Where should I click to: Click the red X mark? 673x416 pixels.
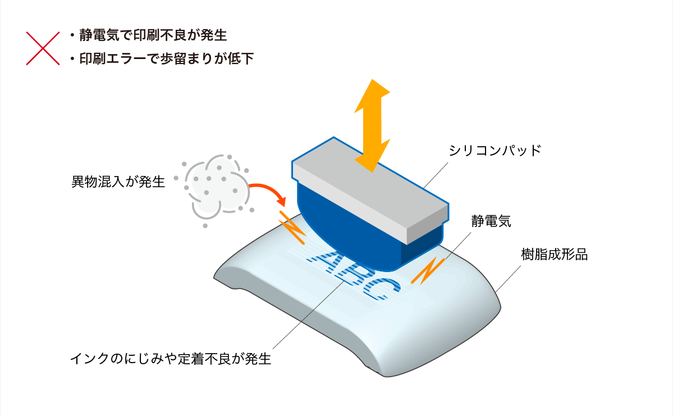pos(43,48)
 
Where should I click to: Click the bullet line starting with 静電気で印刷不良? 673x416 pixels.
pos(149,35)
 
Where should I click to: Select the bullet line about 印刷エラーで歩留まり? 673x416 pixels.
pos(162,58)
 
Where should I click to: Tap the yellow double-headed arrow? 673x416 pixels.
pos(372,125)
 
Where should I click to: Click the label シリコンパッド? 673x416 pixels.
pos(495,151)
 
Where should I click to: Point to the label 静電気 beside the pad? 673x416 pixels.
pos(491,221)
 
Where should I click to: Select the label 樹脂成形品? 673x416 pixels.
pos(554,255)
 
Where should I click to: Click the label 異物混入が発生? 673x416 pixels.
pos(118,182)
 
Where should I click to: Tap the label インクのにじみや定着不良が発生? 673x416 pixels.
pos(171,359)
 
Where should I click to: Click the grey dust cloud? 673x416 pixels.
pos(214,189)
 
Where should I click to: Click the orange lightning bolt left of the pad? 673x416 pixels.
pos(292,227)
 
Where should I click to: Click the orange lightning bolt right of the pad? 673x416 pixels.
pos(428,271)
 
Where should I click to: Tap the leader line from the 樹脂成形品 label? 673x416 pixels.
pos(508,279)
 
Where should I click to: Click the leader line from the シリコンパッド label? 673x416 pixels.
pos(436,175)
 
